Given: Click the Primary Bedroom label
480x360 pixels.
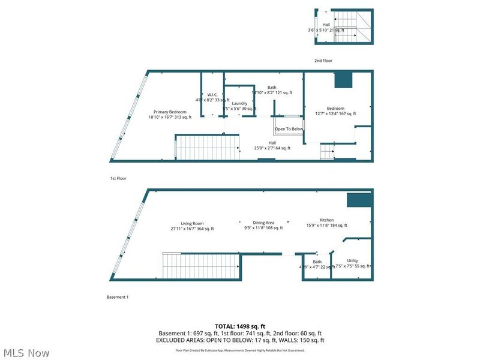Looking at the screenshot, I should tap(170, 112).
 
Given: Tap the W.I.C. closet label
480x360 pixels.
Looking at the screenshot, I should tap(212, 94).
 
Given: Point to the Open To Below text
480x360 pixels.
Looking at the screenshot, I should tap(289, 129).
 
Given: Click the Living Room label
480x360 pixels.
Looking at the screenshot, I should tap(193, 223).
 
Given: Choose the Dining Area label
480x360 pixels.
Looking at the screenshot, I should tap(263, 223).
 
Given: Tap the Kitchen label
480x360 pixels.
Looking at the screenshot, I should tap(326, 220).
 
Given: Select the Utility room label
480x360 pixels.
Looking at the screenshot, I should tap(352, 261).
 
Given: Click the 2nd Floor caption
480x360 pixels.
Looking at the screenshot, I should tap(323, 61).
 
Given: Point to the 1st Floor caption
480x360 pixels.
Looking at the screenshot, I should tap(118, 178).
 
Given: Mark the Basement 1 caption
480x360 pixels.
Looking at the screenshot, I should tap(118, 297).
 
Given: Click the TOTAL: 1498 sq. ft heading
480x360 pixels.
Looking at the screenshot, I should tap(240, 326).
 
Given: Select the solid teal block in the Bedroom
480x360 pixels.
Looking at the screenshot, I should tap(343, 79).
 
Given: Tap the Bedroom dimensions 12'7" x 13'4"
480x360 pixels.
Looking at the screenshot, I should tap(335, 113).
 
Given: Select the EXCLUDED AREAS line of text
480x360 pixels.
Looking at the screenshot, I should tap(240, 340).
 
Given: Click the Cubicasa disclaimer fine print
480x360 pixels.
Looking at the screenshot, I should tap(240, 350).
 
